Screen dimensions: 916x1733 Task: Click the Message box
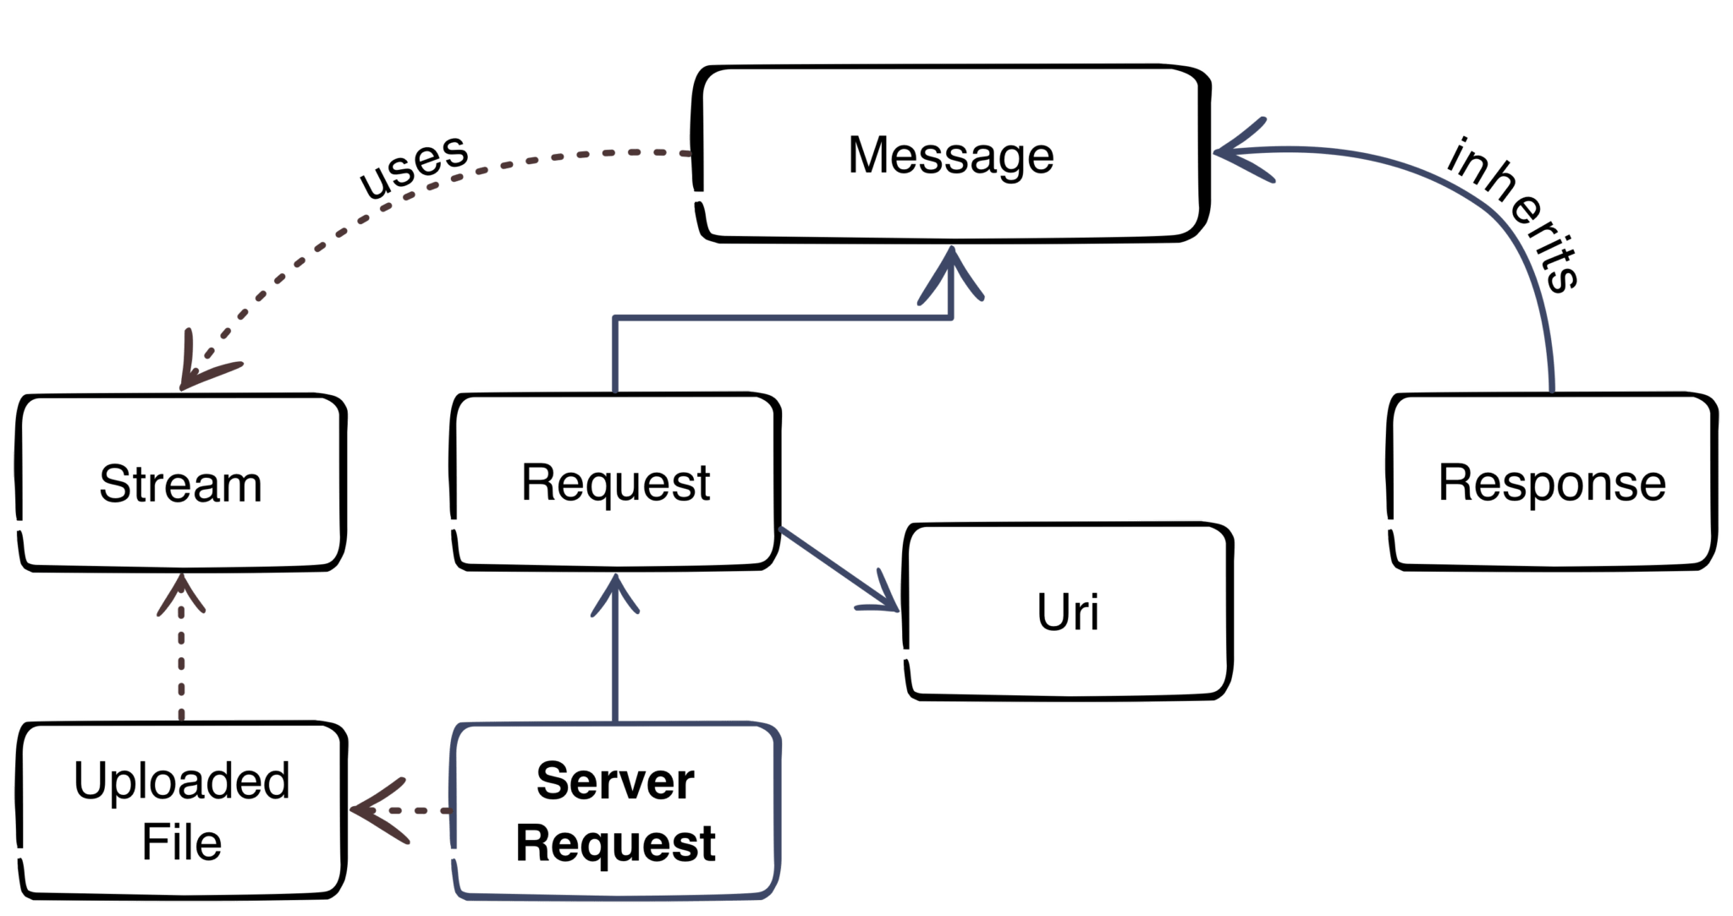[x=952, y=155]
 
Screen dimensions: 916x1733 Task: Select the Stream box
[x=180, y=484]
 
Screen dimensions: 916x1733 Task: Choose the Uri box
[x=1068, y=612]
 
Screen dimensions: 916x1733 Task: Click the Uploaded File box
[x=181, y=810]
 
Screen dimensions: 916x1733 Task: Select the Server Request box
[x=615, y=812]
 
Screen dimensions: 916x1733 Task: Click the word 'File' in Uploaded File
[x=181, y=842]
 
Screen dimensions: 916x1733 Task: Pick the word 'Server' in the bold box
[x=615, y=781]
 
